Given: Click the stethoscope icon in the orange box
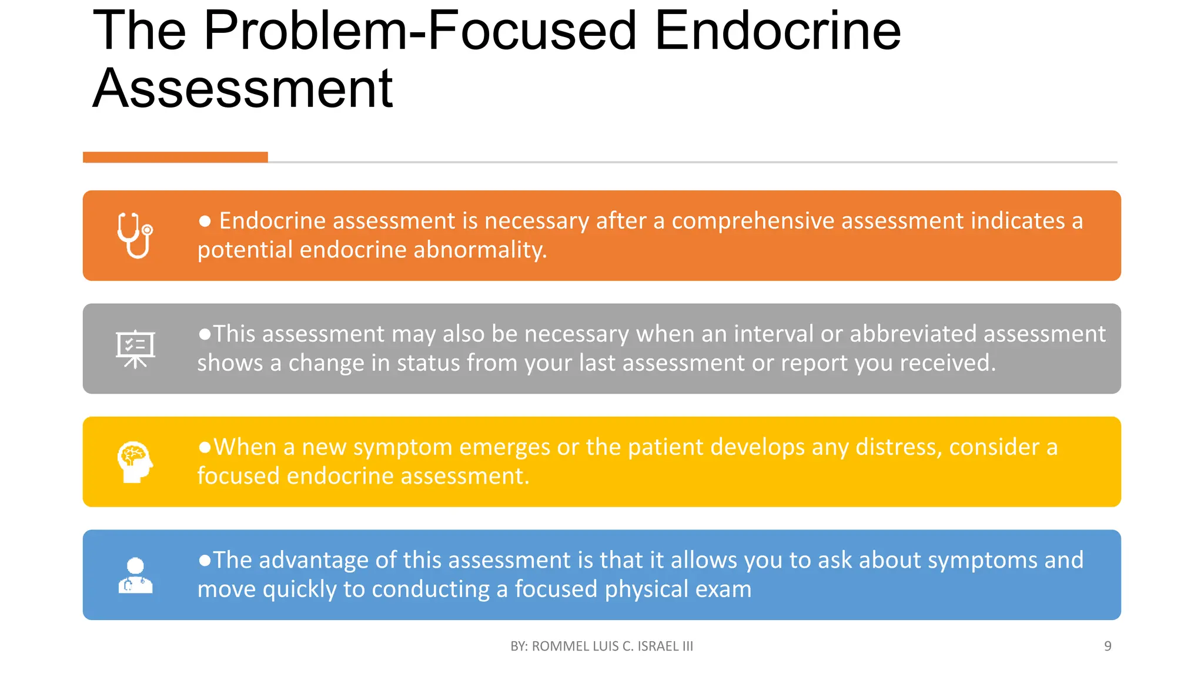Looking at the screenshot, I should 135,235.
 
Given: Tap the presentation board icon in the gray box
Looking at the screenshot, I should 135,348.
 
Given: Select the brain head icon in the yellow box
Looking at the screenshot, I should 135,462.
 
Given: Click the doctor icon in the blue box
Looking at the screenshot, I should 135,575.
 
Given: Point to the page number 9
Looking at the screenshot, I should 1108,646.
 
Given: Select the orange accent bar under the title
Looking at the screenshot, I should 175,157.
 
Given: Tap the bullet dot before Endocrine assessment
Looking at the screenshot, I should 205,221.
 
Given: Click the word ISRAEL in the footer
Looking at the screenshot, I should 658,646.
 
